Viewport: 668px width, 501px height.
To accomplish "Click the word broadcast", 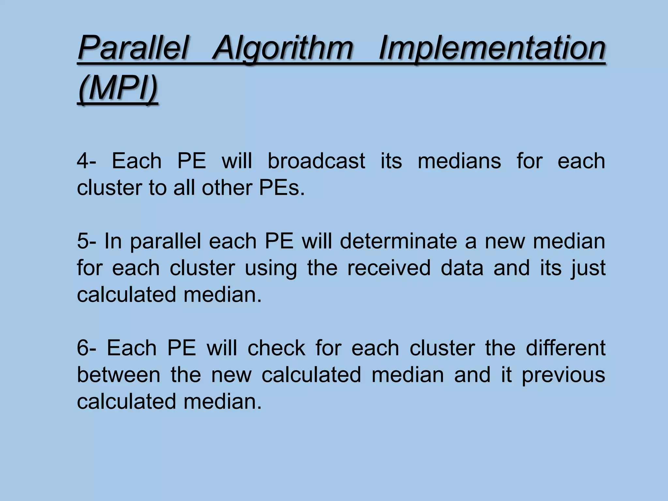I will click(x=316, y=161).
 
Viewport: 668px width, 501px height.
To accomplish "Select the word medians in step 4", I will click(x=459, y=161).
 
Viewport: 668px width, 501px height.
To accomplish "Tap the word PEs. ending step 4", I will click(x=282, y=188).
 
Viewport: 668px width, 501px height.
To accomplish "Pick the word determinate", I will click(x=398, y=241).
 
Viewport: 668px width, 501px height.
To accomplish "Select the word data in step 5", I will click(x=462, y=268).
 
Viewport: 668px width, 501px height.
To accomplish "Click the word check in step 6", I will click(x=276, y=348).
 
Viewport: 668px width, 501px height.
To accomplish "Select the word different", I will click(x=566, y=348).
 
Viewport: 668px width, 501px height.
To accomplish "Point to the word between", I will click(x=118, y=375).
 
